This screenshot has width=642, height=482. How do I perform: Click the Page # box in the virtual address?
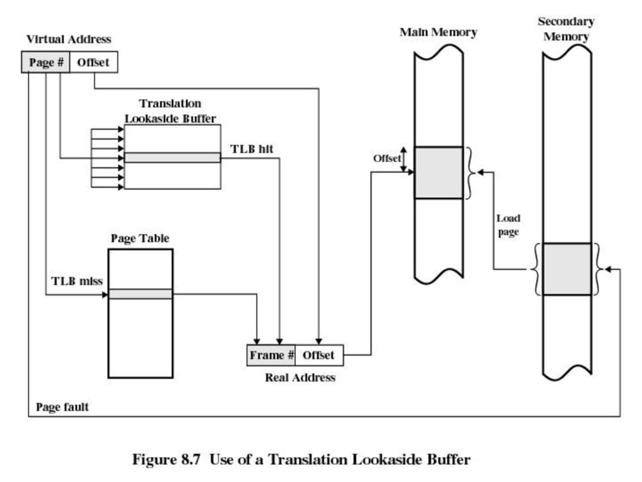tap(45, 62)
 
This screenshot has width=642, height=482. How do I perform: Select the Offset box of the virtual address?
tap(94, 62)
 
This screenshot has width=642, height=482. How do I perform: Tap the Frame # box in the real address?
tap(271, 355)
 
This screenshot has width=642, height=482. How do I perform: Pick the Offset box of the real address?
tap(319, 355)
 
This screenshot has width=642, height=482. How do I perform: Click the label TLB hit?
tap(252, 149)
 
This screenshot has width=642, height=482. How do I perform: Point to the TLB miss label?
tap(77, 281)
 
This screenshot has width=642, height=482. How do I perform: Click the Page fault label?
tap(62, 407)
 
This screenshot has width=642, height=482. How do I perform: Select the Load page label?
tap(508, 225)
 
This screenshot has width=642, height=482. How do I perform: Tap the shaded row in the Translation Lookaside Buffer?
tap(172, 158)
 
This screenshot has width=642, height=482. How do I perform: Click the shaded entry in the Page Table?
tap(140, 294)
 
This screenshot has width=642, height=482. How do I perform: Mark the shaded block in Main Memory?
tap(438, 173)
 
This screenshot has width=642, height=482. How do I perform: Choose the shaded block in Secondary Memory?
tap(567, 269)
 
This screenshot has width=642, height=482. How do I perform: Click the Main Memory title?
tap(438, 32)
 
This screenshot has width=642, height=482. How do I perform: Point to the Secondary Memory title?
tap(566, 29)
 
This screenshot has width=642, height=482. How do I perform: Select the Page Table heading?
tap(140, 238)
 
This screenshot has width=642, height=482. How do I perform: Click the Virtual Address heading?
tap(69, 39)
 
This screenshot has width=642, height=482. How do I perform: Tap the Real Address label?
tap(300, 377)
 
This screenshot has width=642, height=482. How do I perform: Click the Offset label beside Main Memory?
tap(386, 158)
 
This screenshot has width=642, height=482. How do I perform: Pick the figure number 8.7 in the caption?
tap(191, 459)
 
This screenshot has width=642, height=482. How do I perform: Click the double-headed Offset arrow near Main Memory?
tap(404, 159)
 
